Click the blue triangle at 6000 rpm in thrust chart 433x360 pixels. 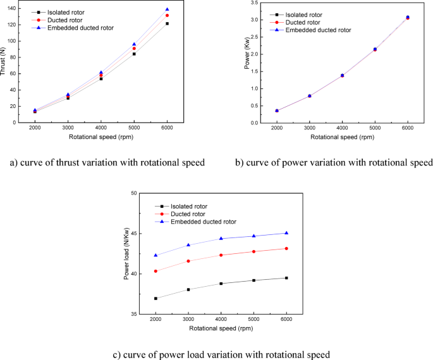point(167,9)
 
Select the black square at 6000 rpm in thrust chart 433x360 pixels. point(167,23)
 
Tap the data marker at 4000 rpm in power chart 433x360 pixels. point(342,75)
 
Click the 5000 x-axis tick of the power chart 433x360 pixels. point(375,128)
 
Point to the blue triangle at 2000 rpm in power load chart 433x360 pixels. point(156,255)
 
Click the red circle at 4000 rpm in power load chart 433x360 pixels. point(221,255)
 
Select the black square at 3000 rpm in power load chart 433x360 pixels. point(188,289)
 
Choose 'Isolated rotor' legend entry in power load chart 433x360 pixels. point(188,206)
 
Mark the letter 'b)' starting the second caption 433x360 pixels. point(240,162)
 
